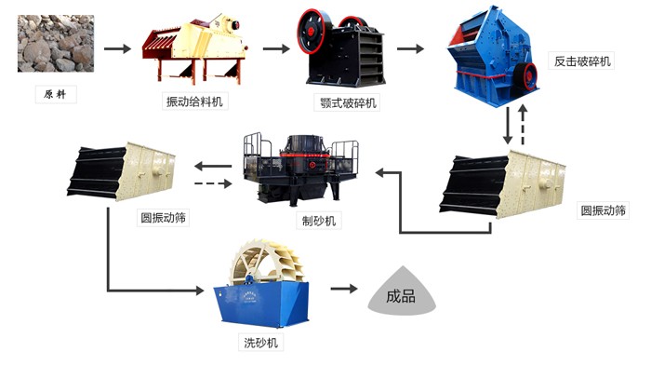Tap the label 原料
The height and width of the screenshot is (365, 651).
[x=56, y=95]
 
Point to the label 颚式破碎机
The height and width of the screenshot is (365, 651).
[x=346, y=101]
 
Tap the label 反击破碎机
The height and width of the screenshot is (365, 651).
[x=584, y=61]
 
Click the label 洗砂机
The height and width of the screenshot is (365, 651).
[x=261, y=342]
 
